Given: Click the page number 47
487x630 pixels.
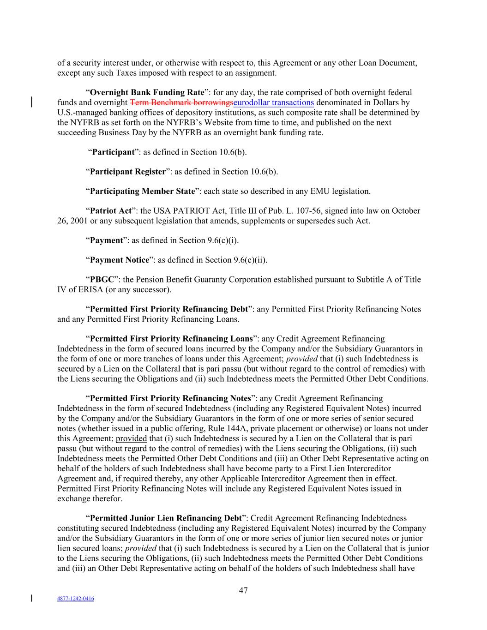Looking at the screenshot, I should pyautogui.click(x=243, y=590).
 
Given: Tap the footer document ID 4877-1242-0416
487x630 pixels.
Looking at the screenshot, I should pyautogui.click(x=75, y=599).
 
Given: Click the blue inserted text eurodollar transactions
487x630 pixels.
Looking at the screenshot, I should pyautogui.click(x=274, y=102).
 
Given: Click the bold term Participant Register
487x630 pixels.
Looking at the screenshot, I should pyautogui.click(x=127, y=172).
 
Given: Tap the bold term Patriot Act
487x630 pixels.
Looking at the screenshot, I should pyautogui.click(x=111, y=211).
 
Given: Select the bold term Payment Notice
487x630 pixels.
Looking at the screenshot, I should pyautogui.click(x=120, y=260).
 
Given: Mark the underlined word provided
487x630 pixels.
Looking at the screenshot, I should pyautogui.click(x=131, y=438).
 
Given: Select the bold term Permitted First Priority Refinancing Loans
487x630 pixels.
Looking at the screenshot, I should pyautogui.click(x=171, y=339).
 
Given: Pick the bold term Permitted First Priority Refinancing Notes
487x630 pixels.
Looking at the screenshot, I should pyautogui.click(x=170, y=398).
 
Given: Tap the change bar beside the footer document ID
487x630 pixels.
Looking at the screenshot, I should pyautogui.click(x=31, y=599).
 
